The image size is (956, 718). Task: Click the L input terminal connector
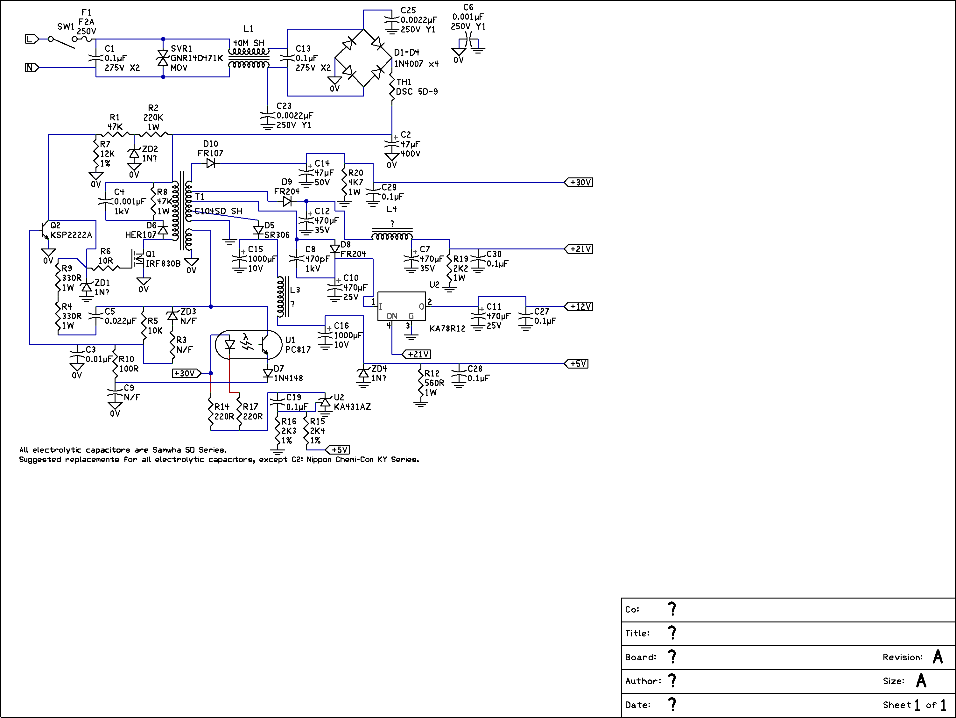click(x=32, y=39)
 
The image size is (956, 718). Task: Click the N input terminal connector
click(x=32, y=68)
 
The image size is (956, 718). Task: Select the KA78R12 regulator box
click(x=402, y=306)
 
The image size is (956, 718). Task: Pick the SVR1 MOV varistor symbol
click(x=163, y=58)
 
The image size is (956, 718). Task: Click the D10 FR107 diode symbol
click(x=211, y=163)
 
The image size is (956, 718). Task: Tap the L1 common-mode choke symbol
click(x=249, y=58)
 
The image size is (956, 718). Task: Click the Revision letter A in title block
click(x=938, y=657)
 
